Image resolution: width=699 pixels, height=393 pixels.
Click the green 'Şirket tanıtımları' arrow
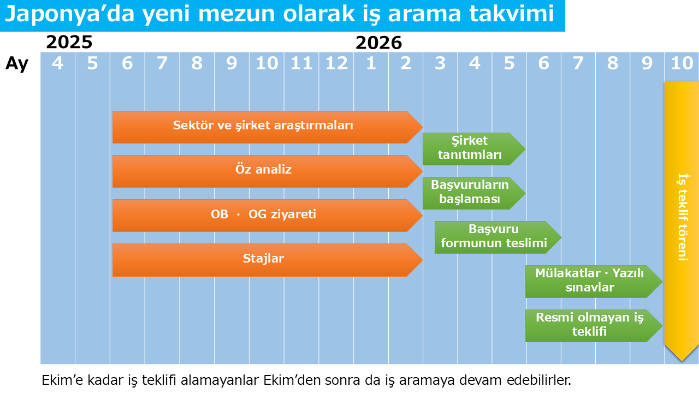[x=474, y=149]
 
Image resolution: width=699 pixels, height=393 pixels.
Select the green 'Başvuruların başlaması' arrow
[x=474, y=193]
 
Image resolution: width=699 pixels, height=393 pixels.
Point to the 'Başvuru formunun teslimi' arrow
[x=498, y=237]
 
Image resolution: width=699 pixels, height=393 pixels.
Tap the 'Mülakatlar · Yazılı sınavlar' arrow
[x=594, y=282]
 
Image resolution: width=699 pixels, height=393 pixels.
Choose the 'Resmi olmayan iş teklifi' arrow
[x=594, y=326]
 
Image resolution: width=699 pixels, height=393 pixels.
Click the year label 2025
[x=69, y=42]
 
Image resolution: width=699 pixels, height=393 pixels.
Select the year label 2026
[x=378, y=43]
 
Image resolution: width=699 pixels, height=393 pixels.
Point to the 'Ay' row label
[x=17, y=64]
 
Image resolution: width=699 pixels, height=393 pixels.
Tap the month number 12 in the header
[x=336, y=63]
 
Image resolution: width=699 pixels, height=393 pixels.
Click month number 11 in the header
[x=301, y=63]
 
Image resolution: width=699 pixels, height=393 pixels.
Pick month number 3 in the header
[x=440, y=63]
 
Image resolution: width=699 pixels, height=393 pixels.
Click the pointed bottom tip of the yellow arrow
[x=682, y=361]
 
